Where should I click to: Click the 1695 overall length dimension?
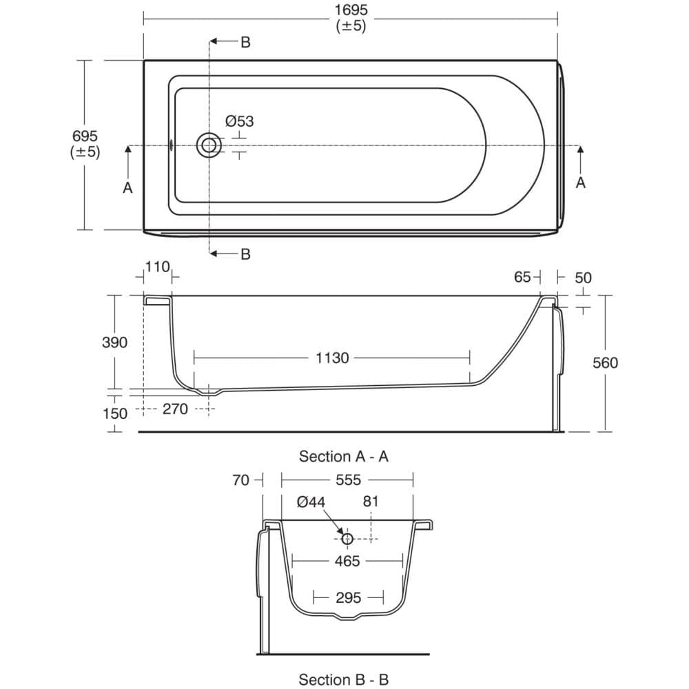pos(351,10)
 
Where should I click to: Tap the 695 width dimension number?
pos(85,136)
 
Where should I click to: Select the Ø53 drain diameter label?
pos(240,121)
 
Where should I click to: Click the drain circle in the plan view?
pos(209,145)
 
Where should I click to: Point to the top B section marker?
pos(245,42)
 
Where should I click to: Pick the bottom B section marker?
pos(245,254)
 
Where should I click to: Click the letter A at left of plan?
pos(127,187)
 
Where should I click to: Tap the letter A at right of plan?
pos(580,183)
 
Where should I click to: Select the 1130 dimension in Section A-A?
pos(332,358)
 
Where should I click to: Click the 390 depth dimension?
pos(114,342)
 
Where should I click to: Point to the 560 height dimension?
pos(605,362)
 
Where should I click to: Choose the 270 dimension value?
pos(175,409)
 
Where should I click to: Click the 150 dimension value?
pos(114,413)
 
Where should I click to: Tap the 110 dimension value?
pos(157,267)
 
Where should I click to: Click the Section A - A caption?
pos(344,457)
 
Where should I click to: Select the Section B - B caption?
pos(344,680)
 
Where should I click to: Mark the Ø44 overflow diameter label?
pos(311,502)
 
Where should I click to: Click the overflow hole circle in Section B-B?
pos(347,538)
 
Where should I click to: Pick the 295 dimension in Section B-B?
pos(349,597)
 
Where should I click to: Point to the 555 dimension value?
pos(349,480)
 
